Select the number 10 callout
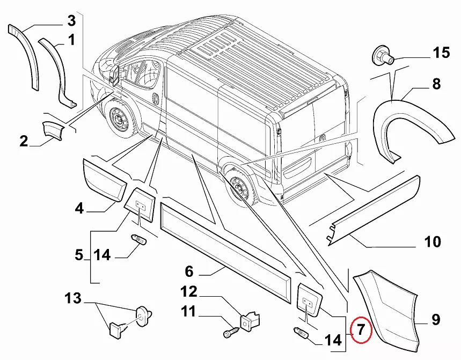tap(433, 242)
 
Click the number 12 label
tap(189, 292)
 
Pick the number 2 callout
tap(24, 142)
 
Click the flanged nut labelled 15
tap(382, 55)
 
